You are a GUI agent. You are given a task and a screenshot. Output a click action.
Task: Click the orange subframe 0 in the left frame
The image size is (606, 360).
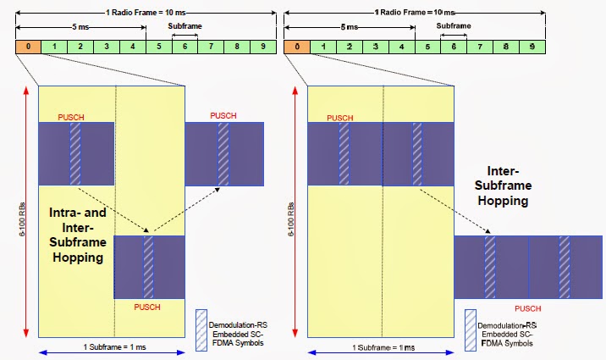(x=28, y=45)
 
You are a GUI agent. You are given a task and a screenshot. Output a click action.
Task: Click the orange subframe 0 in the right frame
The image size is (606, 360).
(x=297, y=45)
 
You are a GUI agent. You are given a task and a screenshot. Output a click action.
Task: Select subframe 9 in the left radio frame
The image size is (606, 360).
(x=263, y=45)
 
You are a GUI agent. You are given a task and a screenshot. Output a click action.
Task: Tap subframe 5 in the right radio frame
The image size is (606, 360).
(x=428, y=45)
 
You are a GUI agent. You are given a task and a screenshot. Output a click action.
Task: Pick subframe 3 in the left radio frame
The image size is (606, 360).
(x=107, y=45)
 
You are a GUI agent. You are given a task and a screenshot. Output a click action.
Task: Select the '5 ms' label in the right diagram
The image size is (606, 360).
(x=349, y=27)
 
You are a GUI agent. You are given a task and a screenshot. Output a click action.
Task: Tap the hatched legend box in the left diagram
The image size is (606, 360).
(x=201, y=324)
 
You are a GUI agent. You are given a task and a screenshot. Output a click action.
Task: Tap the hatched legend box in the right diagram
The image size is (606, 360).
(x=470, y=324)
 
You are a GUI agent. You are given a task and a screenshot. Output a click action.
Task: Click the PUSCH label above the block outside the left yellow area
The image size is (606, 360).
(x=223, y=114)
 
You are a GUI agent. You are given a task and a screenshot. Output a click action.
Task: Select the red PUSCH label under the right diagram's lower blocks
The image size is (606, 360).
(x=527, y=309)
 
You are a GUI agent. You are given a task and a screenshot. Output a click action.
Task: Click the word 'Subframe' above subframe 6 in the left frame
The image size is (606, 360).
(x=185, y=27)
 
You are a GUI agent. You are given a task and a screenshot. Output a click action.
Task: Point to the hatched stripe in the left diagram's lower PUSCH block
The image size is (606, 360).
(x=149, y=267)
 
